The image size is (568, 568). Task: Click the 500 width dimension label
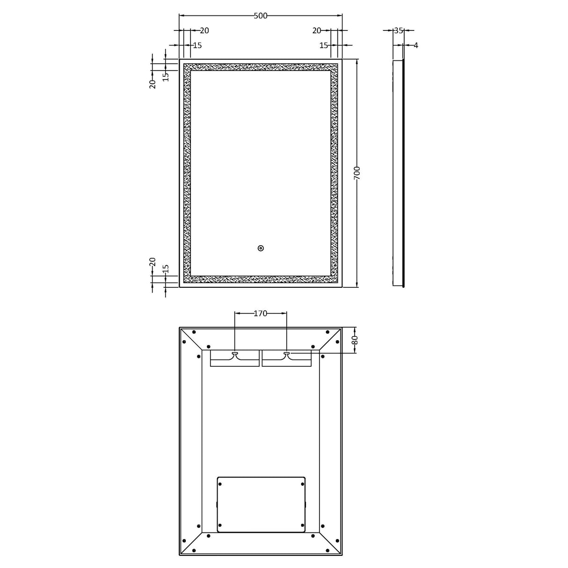260,16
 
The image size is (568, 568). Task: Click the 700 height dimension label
357,173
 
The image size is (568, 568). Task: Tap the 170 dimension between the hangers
260,313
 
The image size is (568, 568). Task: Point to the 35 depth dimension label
398,30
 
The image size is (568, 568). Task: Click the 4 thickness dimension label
415,45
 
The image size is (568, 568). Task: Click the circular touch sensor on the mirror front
261,248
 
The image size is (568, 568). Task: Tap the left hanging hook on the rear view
235,354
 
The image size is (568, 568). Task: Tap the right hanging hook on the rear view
286,354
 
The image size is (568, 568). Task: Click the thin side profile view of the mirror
398,173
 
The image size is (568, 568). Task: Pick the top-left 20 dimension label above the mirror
204,31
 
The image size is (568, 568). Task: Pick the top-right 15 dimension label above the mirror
324,45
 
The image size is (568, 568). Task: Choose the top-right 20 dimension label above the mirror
317,31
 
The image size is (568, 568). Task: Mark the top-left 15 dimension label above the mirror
197,45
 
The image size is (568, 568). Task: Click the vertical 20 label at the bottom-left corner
153,262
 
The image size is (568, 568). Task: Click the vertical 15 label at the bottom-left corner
165,270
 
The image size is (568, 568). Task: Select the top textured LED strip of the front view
261,67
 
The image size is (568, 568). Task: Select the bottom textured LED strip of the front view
261,279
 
